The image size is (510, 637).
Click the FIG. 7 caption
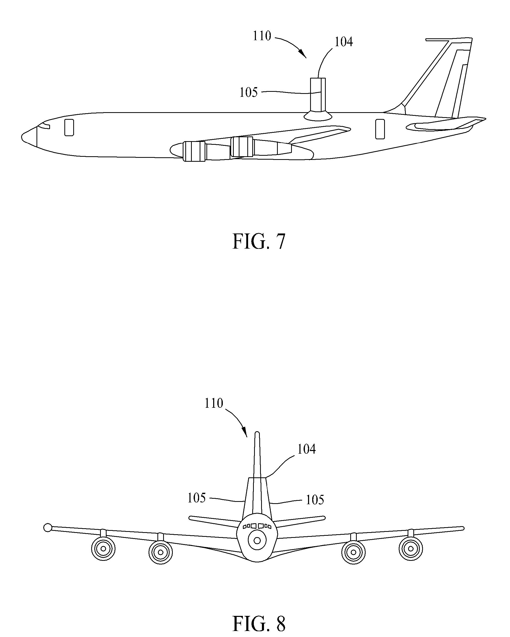259,241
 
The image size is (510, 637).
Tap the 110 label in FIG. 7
262,36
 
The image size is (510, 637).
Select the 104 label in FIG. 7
343,42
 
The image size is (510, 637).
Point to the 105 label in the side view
249,93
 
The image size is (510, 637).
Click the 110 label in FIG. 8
214,403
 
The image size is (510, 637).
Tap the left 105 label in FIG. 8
196,498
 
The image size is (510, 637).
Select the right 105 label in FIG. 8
315,500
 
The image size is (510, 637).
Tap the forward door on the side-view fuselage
69,127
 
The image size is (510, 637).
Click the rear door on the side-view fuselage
380,129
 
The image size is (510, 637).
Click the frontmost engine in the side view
194,151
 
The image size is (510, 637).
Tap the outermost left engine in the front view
103,549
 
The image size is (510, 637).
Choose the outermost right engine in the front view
410,549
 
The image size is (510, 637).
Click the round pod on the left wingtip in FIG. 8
47,527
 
